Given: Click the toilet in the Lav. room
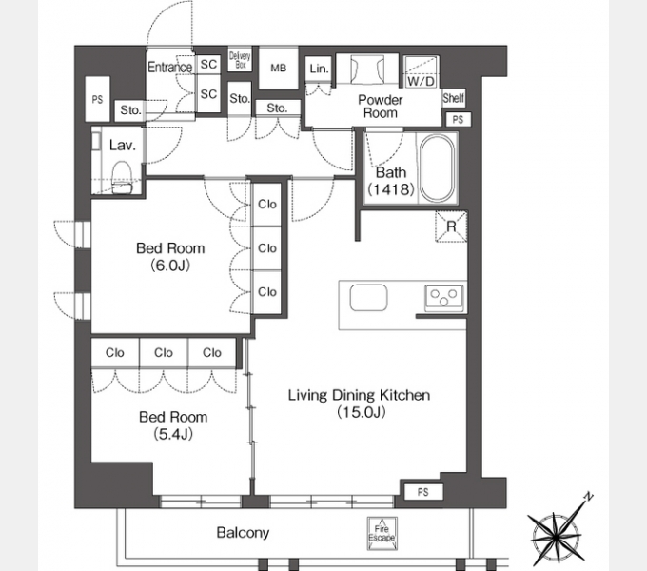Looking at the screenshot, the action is tap(122, 177).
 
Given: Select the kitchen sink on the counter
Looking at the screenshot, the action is tap(368, 298).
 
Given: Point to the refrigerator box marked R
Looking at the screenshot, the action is tap(451, 226).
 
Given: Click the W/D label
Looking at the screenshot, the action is tap(421, 81).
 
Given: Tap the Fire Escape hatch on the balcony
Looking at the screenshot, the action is tap(382, 534).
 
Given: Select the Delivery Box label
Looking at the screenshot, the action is tap(240, 60).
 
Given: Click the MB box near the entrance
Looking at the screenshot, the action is tap(278, 69).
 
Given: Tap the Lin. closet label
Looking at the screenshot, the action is tap(319, 69).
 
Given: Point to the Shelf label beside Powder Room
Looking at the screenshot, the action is tap(454, 98).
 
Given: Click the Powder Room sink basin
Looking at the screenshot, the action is tap(367, 69).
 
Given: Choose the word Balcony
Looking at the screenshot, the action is tap(243, 533).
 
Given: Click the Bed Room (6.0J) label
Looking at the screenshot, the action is tap(170, 257).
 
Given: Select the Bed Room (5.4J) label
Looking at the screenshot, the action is tap(173, 425).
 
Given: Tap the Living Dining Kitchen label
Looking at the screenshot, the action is tap(359, 404).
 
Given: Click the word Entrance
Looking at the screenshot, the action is tap(170, 67).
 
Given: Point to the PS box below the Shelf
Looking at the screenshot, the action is tap(458, 120).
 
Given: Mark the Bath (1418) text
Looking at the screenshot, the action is tap(391, 181).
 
